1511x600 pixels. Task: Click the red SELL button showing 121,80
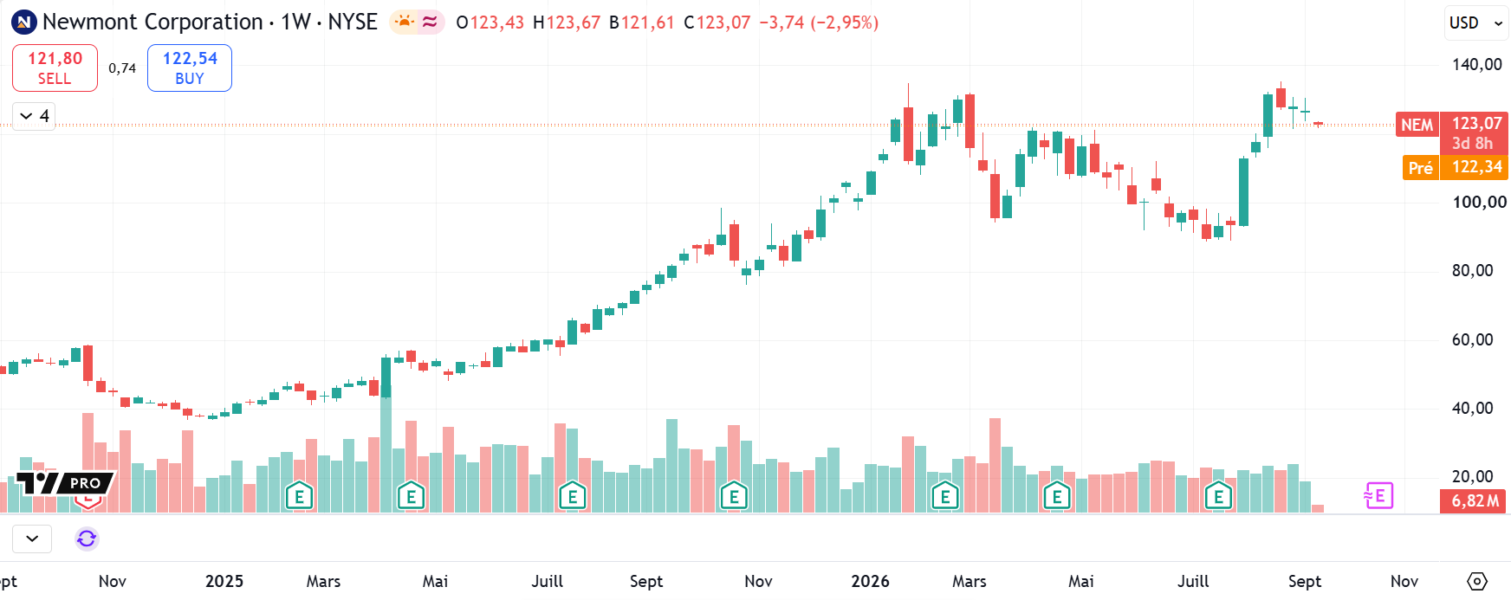click(x=55, y=68)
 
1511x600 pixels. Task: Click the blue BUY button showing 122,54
click(x=190, y=68)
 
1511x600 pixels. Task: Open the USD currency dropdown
click(x=1475, y=23)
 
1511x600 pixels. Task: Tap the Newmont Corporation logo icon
click(x=23, y=23)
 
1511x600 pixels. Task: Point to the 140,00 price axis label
click(x=1477, y=64)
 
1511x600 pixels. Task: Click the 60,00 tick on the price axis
click(x=1473, y=339)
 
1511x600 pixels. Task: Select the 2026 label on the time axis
click(x=870, y=581)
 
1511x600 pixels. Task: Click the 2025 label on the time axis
click(x=224, y=581)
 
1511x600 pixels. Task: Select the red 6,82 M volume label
click(x=1473, y=501)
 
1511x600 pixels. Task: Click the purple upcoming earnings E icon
click(x=1378, y=496)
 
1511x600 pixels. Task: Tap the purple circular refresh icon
click(x=87, y=539)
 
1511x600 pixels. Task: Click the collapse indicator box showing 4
click(x=35, y=116)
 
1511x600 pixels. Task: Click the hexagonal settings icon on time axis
click(x=1477, y=581)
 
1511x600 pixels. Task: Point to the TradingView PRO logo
click(x=65, y=483)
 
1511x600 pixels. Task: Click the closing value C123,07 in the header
click(x=717, y=23)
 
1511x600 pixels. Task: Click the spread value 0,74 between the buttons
click(x=122, y=68)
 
